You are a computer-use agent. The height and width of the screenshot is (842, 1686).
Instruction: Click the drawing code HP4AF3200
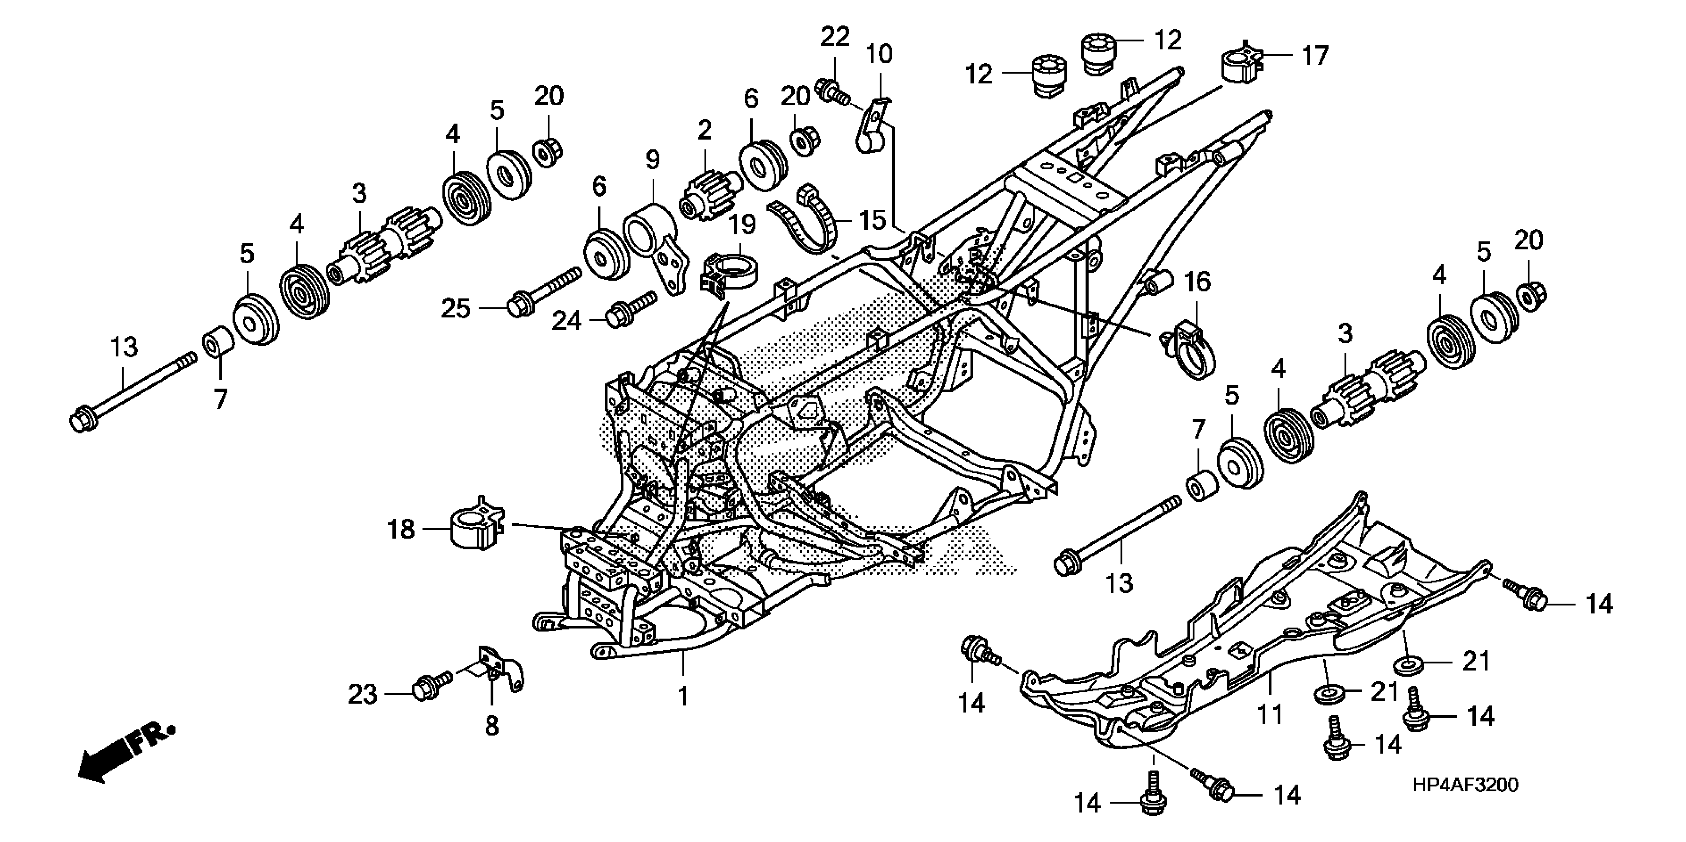point(1465,785)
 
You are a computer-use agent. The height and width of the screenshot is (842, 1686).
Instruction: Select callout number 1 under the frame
point(683,697)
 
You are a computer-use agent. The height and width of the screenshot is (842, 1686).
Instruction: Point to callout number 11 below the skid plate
point(1270,714)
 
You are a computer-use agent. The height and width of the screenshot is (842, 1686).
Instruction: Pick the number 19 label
point(742,224)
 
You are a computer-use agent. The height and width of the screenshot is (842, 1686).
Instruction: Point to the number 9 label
point(652,159)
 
